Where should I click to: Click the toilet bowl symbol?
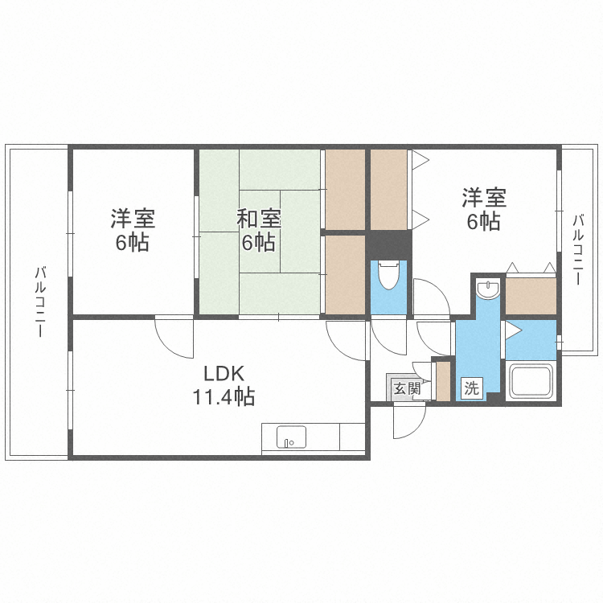388,275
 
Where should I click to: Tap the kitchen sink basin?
292,437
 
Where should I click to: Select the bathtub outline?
531,382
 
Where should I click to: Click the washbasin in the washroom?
488,289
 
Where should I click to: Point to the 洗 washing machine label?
471,388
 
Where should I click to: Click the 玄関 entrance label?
408,389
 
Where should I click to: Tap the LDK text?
224,373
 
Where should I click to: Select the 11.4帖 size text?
224,396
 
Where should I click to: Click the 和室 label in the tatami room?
258,219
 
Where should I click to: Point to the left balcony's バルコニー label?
40,301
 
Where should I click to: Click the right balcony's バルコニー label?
577,250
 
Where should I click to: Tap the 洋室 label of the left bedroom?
133,219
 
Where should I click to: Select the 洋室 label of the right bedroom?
484,197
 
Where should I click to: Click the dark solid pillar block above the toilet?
388,245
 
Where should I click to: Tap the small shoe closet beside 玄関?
443,381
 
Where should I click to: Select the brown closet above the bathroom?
531,296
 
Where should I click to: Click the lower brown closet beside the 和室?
345,275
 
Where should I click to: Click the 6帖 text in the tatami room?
258,242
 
